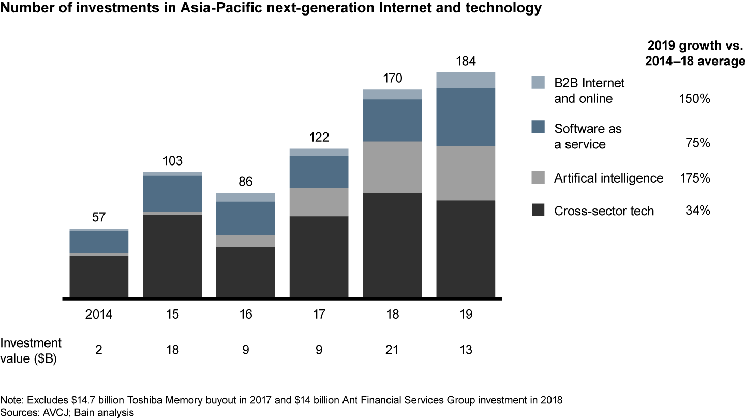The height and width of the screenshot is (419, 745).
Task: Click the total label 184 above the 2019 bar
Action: click(466, 62)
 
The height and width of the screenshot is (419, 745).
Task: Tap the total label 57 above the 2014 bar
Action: click(99, 218)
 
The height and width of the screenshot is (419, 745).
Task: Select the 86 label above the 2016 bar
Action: click(246, 183)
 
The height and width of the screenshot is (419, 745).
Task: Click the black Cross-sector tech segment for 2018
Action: click(392, 245)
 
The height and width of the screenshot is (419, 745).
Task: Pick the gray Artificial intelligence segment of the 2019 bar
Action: click(466, 173)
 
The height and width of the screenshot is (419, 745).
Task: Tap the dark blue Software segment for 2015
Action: click(172, 193)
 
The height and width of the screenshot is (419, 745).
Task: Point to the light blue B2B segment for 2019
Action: click(466, 80)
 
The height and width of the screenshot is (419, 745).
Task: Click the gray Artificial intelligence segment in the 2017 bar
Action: click(319, 202)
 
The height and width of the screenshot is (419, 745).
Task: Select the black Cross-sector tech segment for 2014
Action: click(99, 276)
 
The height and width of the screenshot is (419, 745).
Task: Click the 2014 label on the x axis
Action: click(99, 315)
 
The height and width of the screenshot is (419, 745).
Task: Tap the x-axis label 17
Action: click(319, 315)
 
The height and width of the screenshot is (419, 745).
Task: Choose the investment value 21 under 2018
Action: click(392, 350)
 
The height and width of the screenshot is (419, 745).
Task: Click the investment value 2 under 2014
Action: click(99, 350)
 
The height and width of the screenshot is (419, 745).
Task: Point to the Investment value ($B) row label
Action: click(31, 350)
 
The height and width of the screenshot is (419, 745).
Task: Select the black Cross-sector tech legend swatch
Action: click(538, 211)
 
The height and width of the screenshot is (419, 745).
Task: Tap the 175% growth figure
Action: click(695, 178)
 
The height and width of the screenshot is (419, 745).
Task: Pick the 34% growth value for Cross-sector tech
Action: click(698, 211)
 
